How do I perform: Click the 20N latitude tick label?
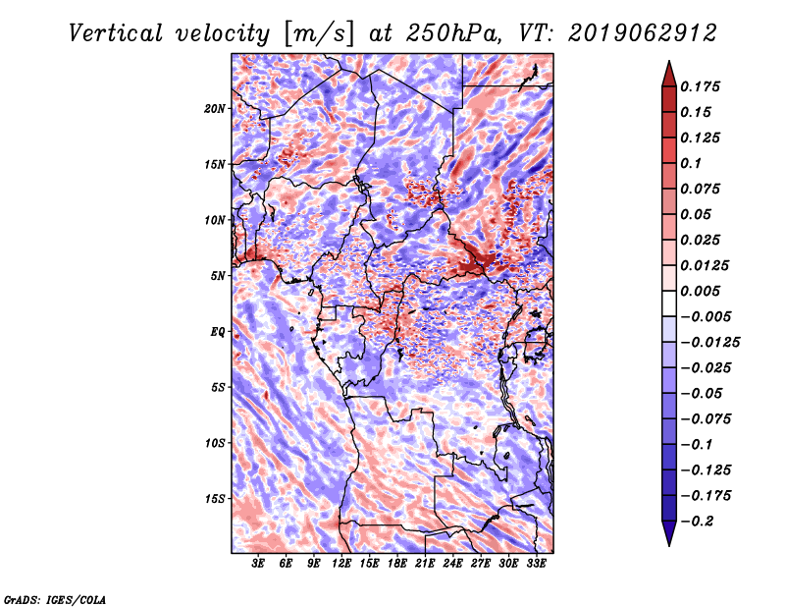(215, 108)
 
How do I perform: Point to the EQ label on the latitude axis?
(218, 332)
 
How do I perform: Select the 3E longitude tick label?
(258, 564)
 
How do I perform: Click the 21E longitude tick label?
(425, 564)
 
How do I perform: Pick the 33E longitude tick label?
(536, 564)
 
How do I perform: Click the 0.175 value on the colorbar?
(700, 86)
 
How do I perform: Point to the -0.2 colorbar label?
(698, 522)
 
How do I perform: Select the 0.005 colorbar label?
(700, 291)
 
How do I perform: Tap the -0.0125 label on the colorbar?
(709, 343)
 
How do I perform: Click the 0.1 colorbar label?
(691, 163)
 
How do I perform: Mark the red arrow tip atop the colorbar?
(669, 62)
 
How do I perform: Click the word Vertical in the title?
(116, 33)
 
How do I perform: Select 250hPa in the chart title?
(453, 33)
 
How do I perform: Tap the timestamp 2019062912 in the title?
(643, 33)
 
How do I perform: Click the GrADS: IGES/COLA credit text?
(55, 599)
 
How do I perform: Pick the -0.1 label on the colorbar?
(697, 445)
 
